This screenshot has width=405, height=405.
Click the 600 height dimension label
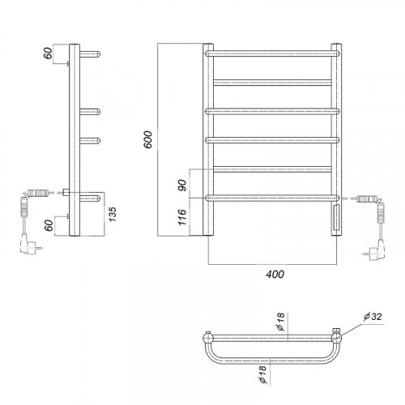tap(148, 139)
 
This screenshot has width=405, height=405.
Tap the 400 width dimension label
tap(275, 275)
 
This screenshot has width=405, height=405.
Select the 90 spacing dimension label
tap(183, 185)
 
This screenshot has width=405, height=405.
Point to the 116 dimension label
tap(183, 217)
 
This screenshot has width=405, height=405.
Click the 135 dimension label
tap(113, 214)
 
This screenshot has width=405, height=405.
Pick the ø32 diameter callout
tap(373, 317)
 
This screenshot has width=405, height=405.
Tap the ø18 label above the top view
tap(281, 322)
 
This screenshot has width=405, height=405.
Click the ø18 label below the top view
tap(262, 375)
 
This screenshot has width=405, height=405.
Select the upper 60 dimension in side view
tap(48, 53)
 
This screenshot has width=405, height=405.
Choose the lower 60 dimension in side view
tap(49, 225)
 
